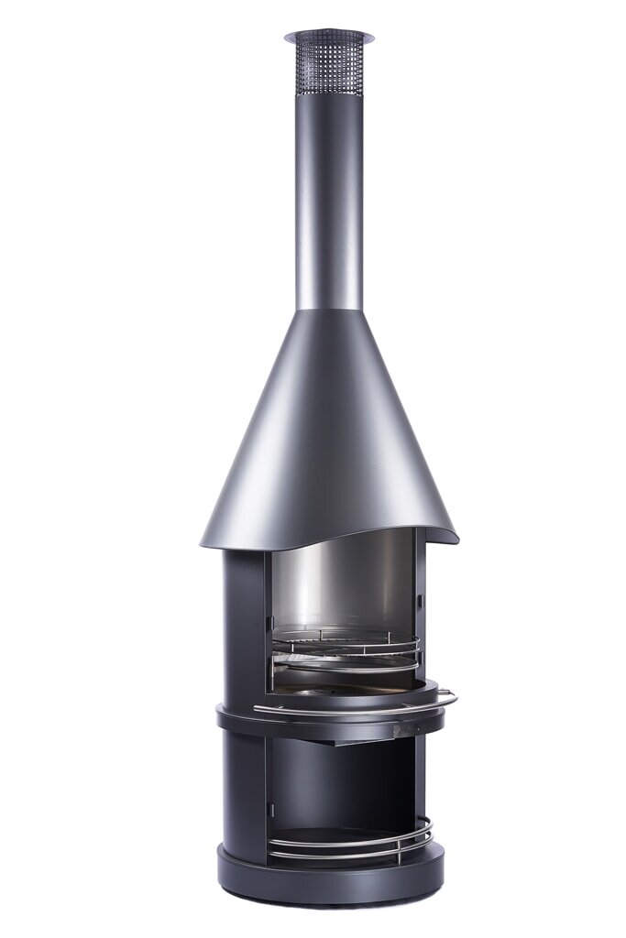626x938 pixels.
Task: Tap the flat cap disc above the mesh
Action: pos(328,37)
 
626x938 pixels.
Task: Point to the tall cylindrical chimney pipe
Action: pos(328,202)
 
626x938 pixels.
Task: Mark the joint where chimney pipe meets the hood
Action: pos(328,310)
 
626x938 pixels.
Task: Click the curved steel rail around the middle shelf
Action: pos(348,710)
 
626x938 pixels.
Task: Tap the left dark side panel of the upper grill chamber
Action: pos(243,623)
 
